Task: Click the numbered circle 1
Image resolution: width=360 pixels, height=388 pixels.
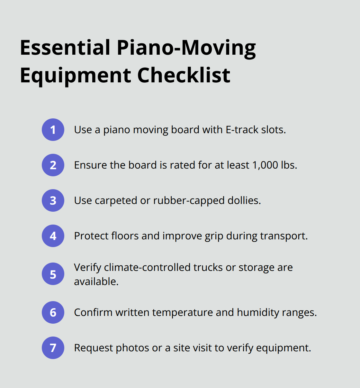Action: (x=53, y=130)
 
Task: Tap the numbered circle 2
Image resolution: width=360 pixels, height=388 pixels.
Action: (x=53, y=165)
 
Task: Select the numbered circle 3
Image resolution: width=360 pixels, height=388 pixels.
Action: (x=53, y=200)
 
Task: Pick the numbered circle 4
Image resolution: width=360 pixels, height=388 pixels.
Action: (x=53, y=236)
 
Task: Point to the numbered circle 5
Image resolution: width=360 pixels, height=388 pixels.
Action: (x=53, y=274)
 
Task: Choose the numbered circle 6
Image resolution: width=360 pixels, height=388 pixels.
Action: (x=53, y=312)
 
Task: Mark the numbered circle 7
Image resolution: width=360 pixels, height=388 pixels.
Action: (x=53, y=348)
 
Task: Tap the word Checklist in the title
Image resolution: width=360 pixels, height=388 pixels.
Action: (x=184, y=75)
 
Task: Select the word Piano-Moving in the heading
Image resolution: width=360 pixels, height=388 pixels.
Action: (x=186, y=48)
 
